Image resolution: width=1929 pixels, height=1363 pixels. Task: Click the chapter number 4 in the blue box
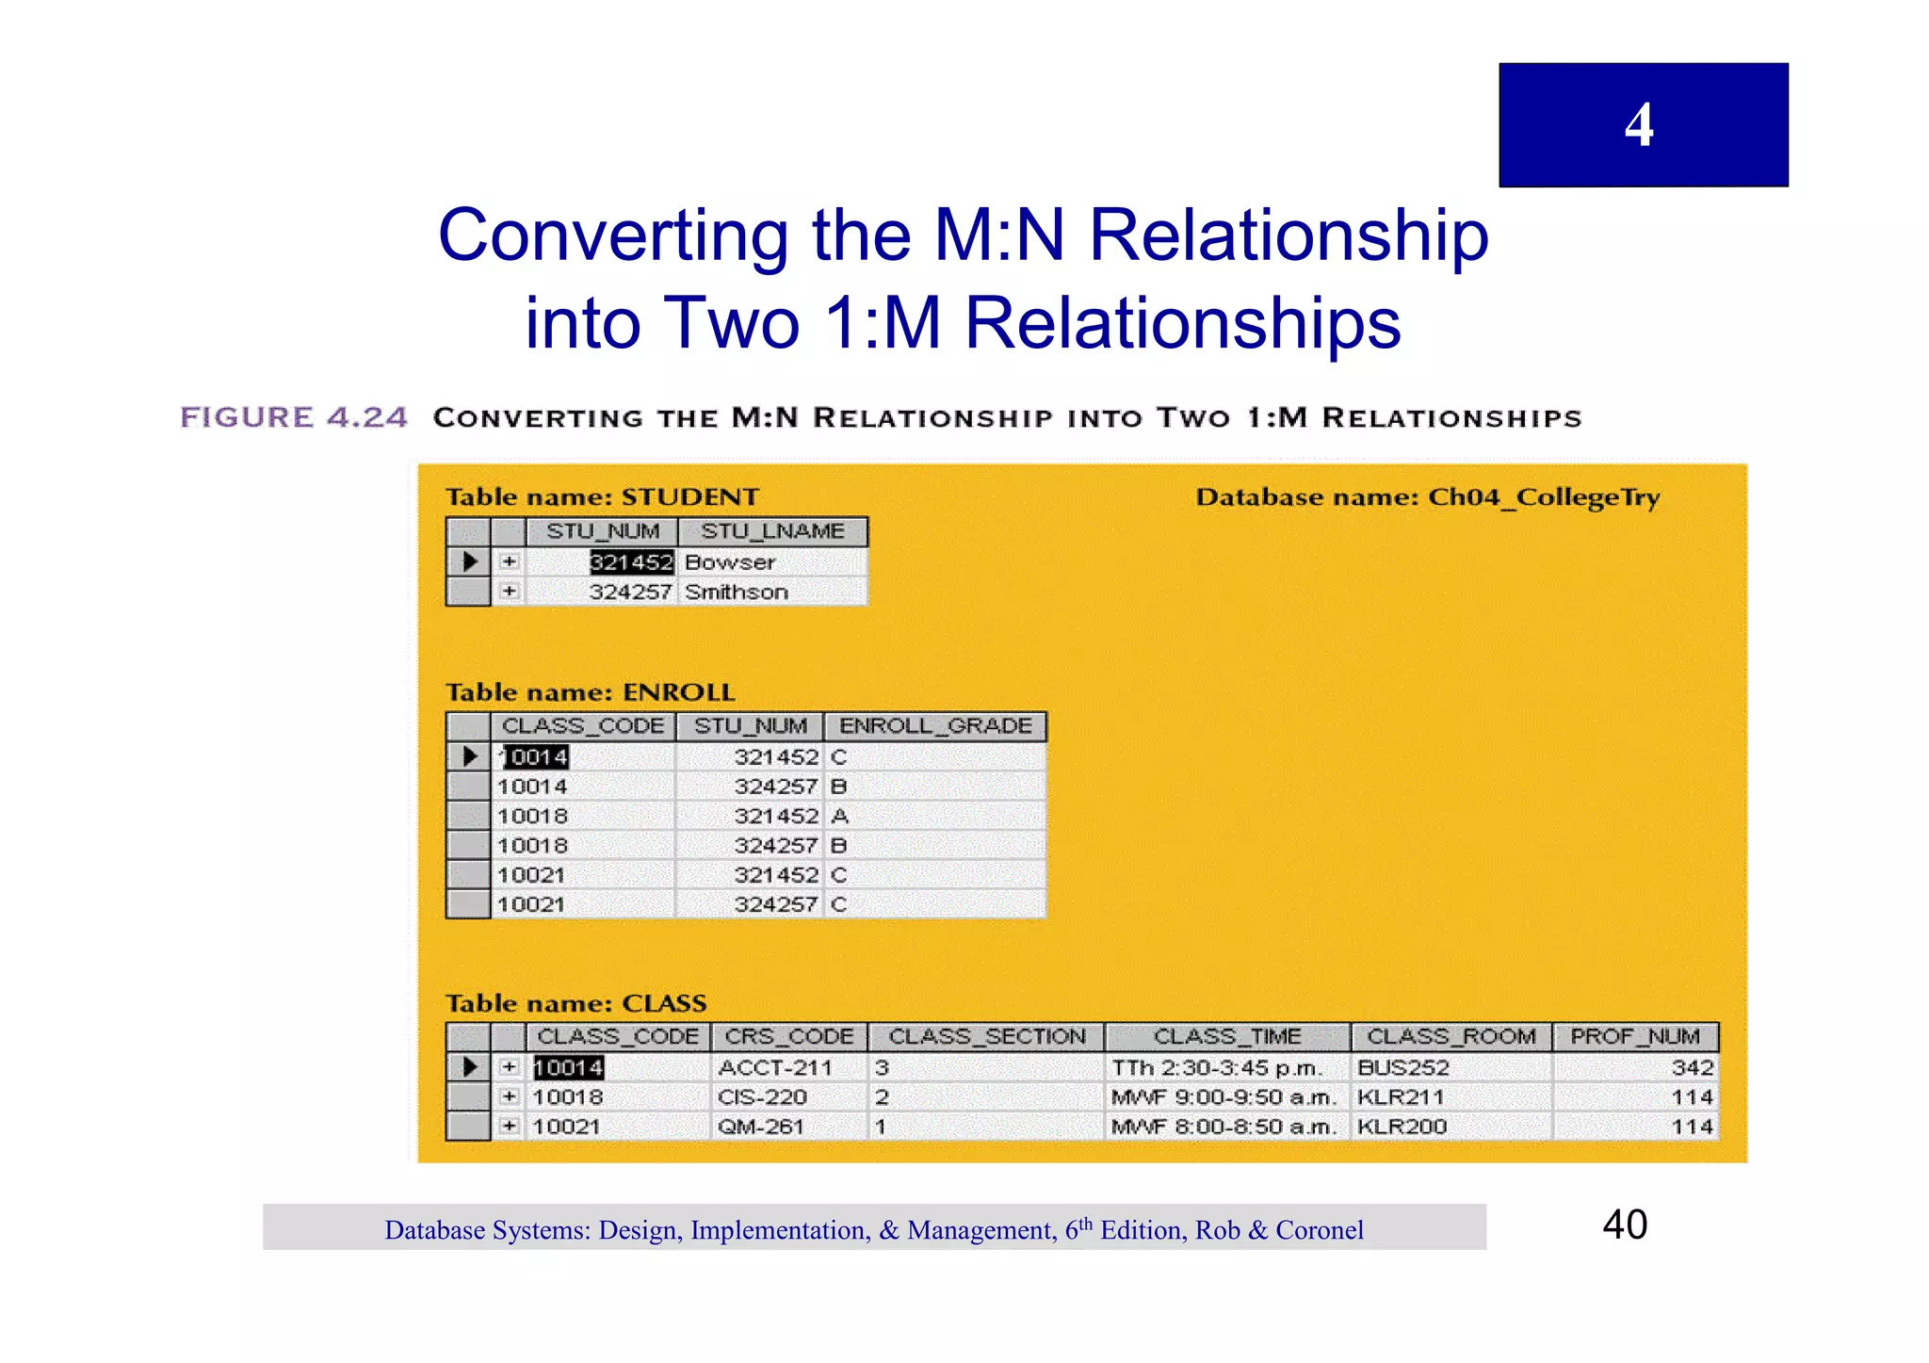[x=1639, y=125]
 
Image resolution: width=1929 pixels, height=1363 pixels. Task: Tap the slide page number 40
[x=1625, y=1225]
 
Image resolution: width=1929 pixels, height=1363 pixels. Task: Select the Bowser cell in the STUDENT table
[x=730, y=562]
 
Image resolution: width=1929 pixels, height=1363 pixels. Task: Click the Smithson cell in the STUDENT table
[x=736, y=592]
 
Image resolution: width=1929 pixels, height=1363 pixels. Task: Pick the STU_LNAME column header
[x=772, y=532]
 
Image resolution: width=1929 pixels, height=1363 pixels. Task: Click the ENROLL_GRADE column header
[x=935, y=726]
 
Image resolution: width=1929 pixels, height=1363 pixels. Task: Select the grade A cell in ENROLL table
[x=840, y=816]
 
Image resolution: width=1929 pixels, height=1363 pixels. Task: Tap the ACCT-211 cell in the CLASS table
[x=775, y=1068]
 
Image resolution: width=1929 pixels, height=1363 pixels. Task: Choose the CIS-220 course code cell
[x=762, y=1097]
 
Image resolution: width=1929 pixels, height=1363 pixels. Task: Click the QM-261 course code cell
[x=760, y=1127]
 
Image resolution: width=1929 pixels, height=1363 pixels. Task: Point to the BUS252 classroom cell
[x=1402, y=1068]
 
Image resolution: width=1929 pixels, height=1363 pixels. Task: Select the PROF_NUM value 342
[x=1692, y=1068]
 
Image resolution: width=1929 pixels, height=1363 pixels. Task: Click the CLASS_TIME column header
[x=1227, y=1037]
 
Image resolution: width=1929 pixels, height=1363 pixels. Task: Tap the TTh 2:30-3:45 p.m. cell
[x=1217, y=1068]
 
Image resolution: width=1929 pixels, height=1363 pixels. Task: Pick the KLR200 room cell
[x=1401, y=1127]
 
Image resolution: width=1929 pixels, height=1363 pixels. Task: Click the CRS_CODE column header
[x=789, y=1037]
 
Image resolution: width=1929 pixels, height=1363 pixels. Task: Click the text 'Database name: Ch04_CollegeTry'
[x=1427, y=497]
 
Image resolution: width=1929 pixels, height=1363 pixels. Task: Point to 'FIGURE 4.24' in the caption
[x=294, y=417]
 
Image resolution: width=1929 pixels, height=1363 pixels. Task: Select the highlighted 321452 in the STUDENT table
[x=631, y=562]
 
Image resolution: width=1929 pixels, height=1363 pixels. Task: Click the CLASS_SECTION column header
[x=986, y=1037]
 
